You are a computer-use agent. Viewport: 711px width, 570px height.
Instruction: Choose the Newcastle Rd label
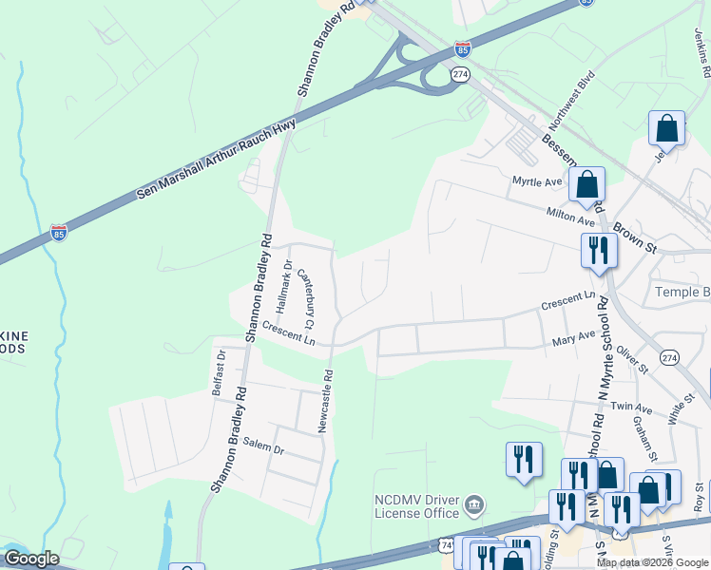(326, 401)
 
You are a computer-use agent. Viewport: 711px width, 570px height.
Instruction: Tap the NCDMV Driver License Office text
(417, 506)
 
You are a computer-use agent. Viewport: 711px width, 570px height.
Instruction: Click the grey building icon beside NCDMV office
(477, 503)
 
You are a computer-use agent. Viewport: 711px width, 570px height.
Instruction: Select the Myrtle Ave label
(537, 181)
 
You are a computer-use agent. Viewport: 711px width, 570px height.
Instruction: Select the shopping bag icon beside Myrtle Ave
(587, 184)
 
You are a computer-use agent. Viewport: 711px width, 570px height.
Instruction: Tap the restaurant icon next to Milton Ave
(599, 251)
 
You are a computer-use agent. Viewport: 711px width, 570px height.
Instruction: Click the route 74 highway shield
(447, 544)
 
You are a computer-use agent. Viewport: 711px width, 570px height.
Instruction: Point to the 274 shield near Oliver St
(671, 357)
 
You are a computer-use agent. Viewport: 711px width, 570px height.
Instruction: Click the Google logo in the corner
(31, 559)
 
